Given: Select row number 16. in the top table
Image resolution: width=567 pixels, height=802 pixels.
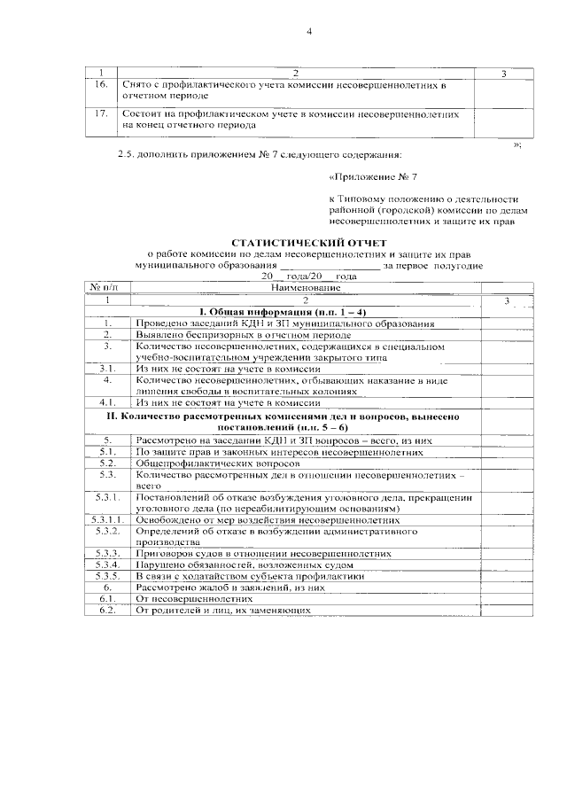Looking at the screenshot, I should click(x=102, y=84).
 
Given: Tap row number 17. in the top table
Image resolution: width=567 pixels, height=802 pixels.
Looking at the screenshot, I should click(x=102, y=114).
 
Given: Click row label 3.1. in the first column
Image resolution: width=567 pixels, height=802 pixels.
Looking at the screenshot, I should click(x=108, y=368).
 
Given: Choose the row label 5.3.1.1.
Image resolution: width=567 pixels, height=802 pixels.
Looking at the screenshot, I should click(x=108, y=519).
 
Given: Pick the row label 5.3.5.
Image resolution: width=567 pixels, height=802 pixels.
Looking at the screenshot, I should click(x=108, y=576).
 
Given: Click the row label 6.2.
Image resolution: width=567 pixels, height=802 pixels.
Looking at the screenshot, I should click(x=108, y=610).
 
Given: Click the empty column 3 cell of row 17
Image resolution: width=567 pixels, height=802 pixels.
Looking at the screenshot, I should click(x=503, y=120).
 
